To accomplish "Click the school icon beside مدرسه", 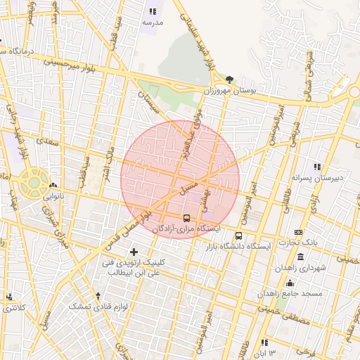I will pyautogui.click(x=152, y=11).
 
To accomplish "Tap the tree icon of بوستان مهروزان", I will pyautogui.click(x=230, y=79).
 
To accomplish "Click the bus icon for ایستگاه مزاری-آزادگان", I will pyautogui.click(x=186, y=218).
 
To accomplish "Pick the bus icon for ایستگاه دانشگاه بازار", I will pyautogui.click(x=239, y=236).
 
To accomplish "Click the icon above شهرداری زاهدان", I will pyautogui.click(x=301, y=257).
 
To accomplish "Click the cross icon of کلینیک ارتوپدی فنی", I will pyautogui.click(x=134, y=251).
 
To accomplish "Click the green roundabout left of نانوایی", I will pyautogui.click(x=32, y=183).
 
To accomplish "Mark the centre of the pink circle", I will pyautogui.click(x=180, y=179).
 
